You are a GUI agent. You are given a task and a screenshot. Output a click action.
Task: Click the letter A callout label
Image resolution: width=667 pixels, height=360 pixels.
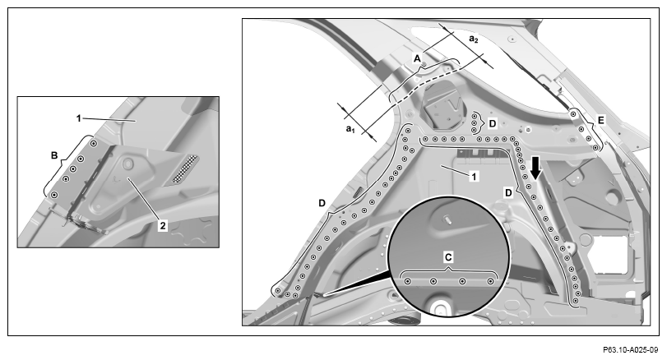[x=417, y=58]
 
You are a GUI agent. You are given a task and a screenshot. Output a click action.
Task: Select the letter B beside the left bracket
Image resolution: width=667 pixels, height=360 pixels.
[x=54, y=155]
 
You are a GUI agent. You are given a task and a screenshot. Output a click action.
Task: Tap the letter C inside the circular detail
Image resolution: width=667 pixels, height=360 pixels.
[x=448, y=257]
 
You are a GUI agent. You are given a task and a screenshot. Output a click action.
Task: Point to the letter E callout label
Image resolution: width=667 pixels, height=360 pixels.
[x=600, y=121]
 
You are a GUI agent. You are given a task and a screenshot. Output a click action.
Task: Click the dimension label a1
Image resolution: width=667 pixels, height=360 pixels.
[x=350, y=128]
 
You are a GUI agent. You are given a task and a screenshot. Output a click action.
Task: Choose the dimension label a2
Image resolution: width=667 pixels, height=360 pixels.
[x=474, y=39]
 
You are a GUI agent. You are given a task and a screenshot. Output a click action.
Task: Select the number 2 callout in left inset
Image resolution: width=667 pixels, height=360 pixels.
[x=163, y=226]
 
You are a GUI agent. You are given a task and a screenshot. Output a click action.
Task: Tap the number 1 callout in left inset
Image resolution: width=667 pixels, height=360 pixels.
[x=79, y=118]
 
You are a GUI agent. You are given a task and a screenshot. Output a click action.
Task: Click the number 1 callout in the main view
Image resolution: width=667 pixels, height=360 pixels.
[x=474, y=176]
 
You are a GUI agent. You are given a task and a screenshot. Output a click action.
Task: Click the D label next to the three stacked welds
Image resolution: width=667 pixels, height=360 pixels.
[x=492, y=123]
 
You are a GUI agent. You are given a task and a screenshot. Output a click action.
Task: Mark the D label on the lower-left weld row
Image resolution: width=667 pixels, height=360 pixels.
[x=322, y=203]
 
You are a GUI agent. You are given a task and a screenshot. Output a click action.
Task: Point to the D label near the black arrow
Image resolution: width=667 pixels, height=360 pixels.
[x=508, y=193]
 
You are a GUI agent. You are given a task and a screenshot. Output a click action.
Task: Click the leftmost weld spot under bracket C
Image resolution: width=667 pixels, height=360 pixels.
[x=407, y=281]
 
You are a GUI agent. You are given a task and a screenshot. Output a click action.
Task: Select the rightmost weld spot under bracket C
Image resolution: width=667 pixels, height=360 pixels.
[x=490, y=281]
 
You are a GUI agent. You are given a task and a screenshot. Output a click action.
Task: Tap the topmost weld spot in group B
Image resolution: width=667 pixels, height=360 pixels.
[x=94, y=144]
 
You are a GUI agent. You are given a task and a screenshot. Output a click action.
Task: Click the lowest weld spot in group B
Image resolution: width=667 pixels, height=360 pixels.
[x=54, y=194]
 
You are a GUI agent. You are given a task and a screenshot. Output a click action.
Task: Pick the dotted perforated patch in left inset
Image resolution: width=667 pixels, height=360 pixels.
[x=185, y=168]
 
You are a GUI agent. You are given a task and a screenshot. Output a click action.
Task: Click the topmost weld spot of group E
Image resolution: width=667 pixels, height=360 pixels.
[x=573, y=114]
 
